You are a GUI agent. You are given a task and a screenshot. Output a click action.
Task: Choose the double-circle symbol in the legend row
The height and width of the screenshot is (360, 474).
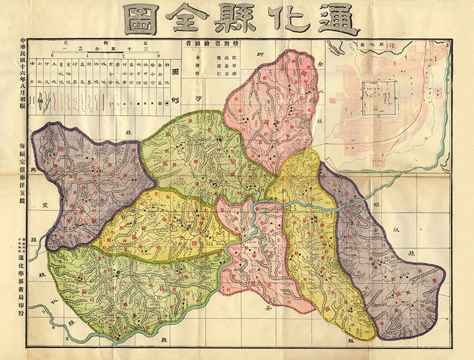pyautogui.click(x=166, y=103)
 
